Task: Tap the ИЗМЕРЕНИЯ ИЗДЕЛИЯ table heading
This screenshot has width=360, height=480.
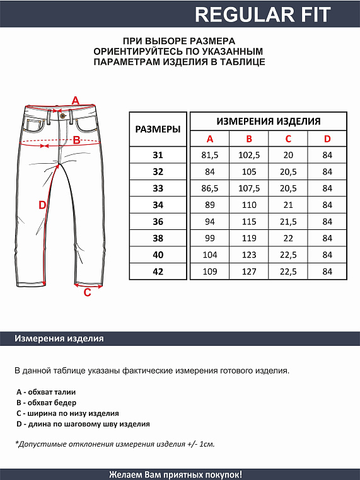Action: pos(268,121)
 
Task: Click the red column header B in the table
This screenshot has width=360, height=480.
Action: pos(249,139)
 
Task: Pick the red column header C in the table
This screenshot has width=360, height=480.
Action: pos(288,139)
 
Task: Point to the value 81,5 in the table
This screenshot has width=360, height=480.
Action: pos(210,155)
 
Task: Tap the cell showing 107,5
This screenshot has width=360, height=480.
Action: pos(249,188)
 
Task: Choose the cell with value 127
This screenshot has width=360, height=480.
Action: pos(249,271)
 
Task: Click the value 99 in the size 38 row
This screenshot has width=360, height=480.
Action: pos(210,238)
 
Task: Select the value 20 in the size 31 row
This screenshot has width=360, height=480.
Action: pos(288,155)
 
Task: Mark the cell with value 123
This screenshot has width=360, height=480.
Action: pos(249,255)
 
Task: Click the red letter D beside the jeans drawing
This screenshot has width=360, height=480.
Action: pos(42,205)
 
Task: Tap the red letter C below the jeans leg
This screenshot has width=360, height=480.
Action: pos(88,292)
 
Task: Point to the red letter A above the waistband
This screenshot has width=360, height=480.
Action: pos(76,100)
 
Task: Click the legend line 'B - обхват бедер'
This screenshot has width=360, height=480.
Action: pos(46,403)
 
